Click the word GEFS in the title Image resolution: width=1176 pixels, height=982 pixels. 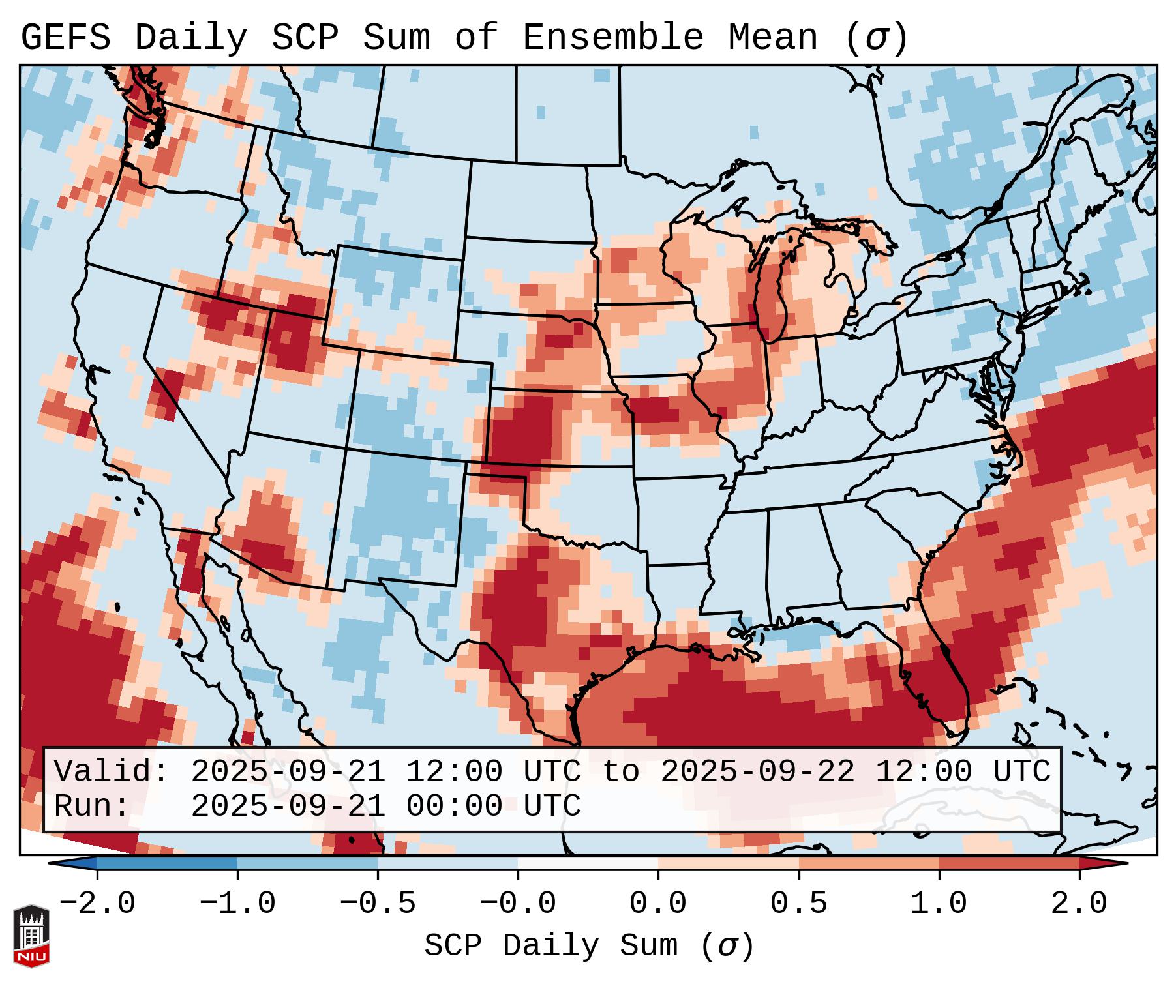(x=65, y=38)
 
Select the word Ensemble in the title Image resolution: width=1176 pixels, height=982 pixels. (x=612, y=38)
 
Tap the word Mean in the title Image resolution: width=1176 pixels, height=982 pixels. (x=772, y=38)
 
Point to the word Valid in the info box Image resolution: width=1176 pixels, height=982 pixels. (x=108, y=772)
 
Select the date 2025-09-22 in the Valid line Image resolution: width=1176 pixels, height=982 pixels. (x=757, y=772)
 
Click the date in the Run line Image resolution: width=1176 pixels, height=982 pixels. (x=288, y=807)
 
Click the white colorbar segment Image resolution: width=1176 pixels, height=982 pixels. (x=588, y=863)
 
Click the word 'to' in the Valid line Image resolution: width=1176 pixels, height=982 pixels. (x=620, y=772)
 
